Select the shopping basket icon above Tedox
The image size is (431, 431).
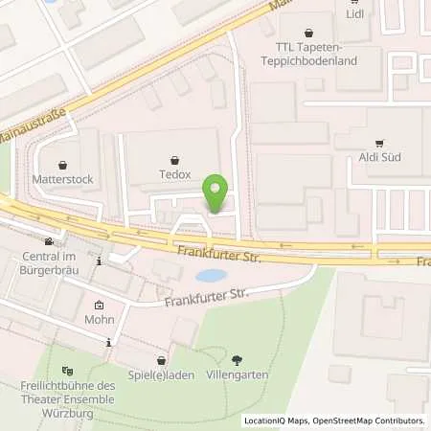pos(174,160)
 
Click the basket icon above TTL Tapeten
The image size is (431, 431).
pos(308,32)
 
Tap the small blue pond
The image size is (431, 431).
pos(209,275)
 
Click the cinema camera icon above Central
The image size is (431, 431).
pos(49,242)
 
